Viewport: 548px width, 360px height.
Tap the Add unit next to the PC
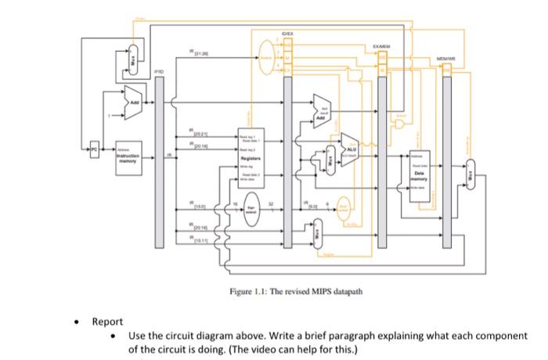coord(134,103)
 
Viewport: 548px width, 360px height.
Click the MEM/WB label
coord(447,56)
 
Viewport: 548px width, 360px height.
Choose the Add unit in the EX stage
coord(322,106)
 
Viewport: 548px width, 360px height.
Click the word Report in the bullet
coord(107,322)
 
